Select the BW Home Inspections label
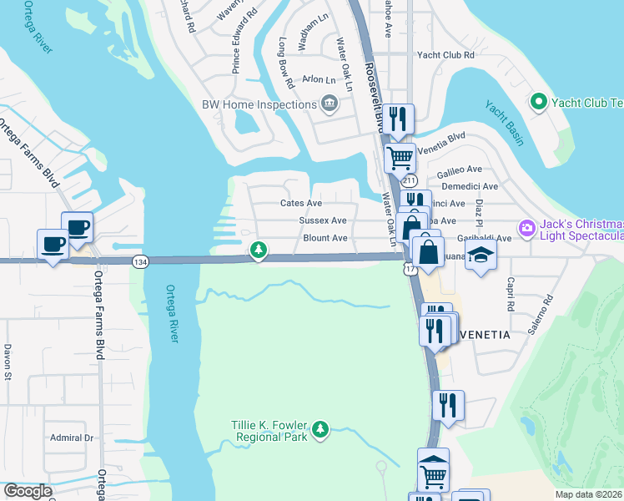coord(259,104)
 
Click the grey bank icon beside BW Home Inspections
coord(330,104)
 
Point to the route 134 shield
coord(139,262)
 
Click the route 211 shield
coord(409,180)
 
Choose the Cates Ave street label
coord(301,203)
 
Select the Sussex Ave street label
coord(323,220)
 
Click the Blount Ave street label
coord(325,238)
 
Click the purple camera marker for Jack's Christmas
coord(526,228)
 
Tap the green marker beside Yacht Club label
coord(538,103)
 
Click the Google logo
coord(27,492)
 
